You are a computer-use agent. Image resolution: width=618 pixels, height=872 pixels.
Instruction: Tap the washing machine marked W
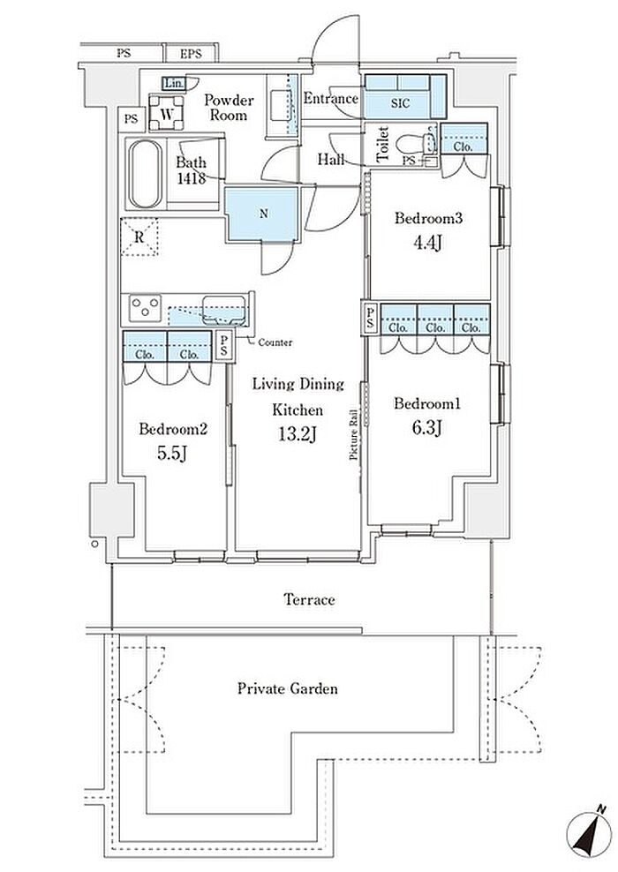click(x=166, y=113)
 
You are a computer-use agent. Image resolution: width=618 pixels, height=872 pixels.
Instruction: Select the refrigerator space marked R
click(x=139, y=237)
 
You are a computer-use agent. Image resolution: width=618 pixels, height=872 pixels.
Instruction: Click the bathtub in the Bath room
click(x=146, y=174)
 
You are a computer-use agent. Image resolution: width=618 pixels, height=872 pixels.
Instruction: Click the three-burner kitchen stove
click(x=145, y=307)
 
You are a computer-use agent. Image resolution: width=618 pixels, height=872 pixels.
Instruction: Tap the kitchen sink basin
click(x=223, y=310)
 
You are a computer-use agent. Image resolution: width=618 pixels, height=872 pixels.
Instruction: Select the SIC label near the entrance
click(x=400, y=103)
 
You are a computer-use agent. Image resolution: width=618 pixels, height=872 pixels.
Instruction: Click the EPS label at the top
click(x=191, y=54)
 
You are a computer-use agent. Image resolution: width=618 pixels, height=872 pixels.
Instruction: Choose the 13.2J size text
click(x=298, y=433)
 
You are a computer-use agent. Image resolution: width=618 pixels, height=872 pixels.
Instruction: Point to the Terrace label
click(x=309, y=599)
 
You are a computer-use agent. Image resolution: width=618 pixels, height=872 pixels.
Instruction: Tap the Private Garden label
click(x=288, y=688)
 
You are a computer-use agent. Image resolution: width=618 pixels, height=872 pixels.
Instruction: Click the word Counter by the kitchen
click(x=275, y=342)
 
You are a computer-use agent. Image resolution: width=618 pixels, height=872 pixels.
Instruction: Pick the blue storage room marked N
click(x=262, y=214)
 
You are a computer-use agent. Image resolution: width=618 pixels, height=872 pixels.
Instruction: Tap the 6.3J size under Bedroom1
click(x=426, y=428)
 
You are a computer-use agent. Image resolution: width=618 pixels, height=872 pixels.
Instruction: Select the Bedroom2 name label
click(x=173, y=429)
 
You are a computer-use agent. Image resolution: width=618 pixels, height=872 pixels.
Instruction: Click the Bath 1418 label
click(x=192, y=170)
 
